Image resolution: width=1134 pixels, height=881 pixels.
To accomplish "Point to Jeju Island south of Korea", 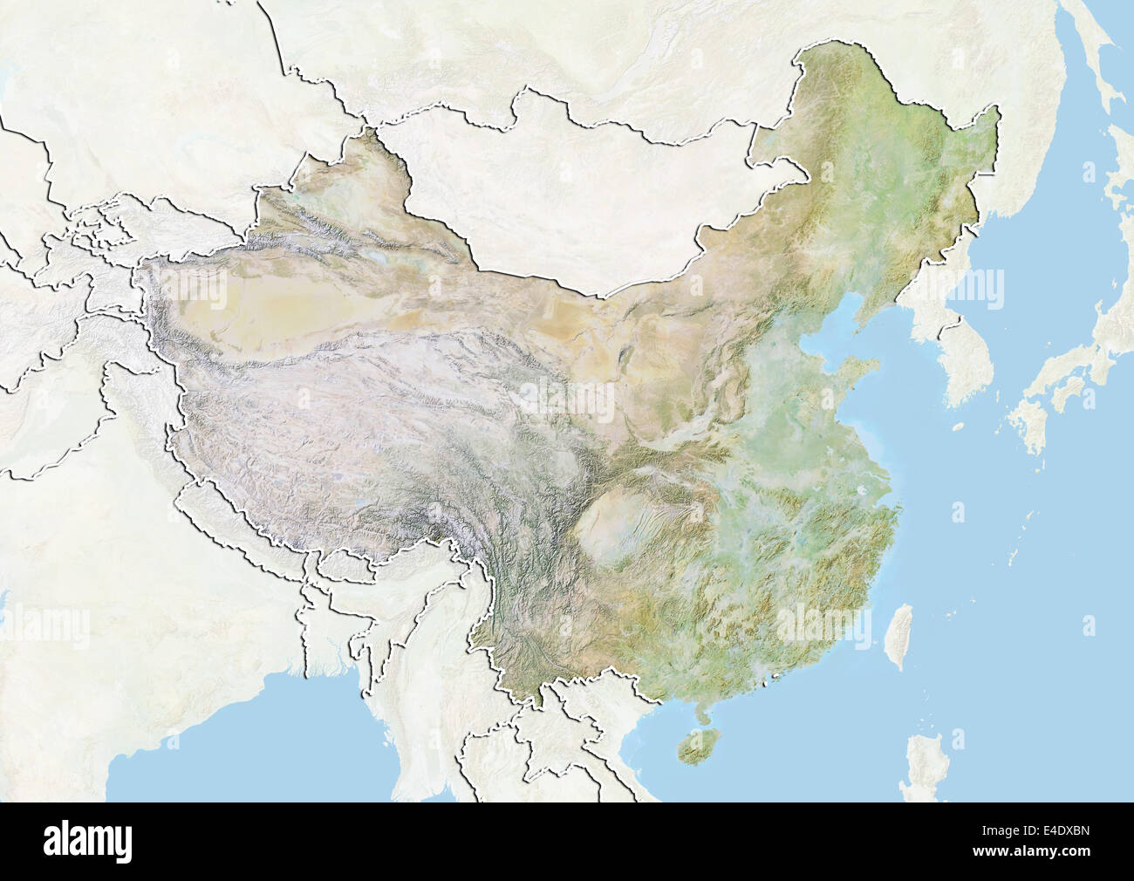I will [958, 427].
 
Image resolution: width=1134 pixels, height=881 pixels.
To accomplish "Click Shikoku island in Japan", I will [1062, 397].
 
